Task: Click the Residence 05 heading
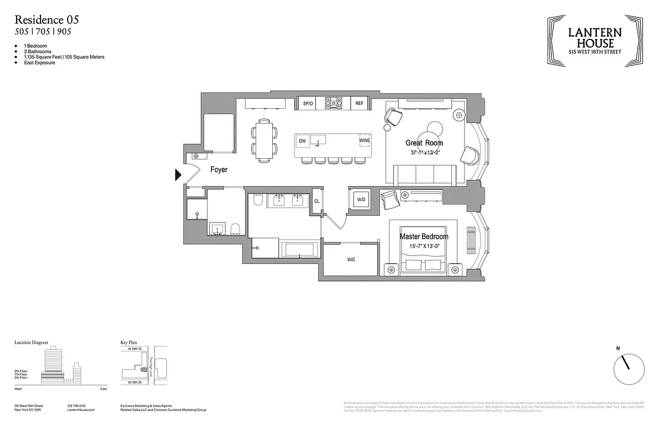[47, 20]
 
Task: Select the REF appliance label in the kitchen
[360, 103]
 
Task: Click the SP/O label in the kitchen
[307, 103]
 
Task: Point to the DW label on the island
[302, 141]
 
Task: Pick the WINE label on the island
[364, 141]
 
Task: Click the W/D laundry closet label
[361, 200]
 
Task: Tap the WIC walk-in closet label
[351, 260]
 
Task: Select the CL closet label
[317, 201]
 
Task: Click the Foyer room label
[218, 170]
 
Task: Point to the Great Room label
[424, 143]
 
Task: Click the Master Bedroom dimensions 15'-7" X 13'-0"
[424, 246]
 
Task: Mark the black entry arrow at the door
[178, 175]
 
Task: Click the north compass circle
[629, 368]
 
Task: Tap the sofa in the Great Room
[424, 174]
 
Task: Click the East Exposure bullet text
[39, 63]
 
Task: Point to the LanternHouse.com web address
[82, 409]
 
